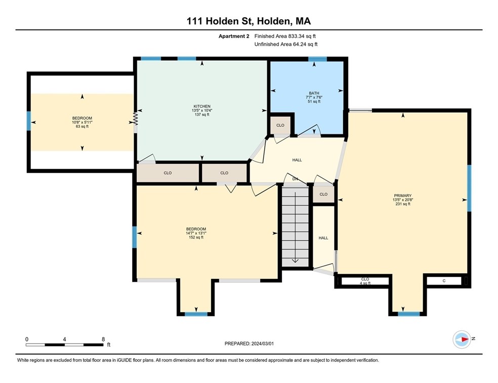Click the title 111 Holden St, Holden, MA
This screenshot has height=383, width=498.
point(248,21)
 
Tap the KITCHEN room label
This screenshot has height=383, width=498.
point(201,110)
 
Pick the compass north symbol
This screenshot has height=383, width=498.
point(462,339)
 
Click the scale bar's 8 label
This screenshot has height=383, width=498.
point(103,339)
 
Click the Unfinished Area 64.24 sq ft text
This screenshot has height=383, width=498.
point(285,44)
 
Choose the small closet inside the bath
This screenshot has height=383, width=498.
point(280,125)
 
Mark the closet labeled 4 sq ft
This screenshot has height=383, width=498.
point(365,281)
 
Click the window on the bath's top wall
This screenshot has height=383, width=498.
point(318,60)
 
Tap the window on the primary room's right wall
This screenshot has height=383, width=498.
point(469,188)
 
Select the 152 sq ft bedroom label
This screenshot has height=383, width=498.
point(196,233)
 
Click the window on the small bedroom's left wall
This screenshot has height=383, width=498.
point(29,121)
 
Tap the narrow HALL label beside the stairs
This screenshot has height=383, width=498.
point(323,237)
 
